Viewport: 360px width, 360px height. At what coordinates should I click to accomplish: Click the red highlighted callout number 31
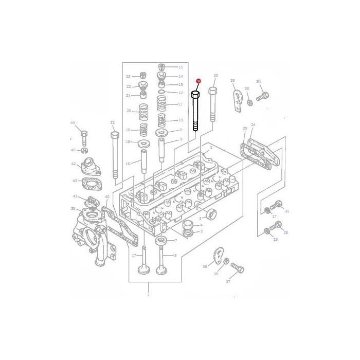199,81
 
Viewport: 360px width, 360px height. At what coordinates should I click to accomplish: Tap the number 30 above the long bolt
215,76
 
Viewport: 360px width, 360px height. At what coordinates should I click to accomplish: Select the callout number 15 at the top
181,67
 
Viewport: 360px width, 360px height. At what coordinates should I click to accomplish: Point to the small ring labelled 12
161,93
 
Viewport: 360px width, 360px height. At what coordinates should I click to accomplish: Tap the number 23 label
128,76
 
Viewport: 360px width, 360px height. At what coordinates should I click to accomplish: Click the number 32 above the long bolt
112,123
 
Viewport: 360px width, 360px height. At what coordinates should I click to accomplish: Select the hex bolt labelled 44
84,136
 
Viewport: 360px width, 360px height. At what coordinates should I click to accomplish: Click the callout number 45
73,150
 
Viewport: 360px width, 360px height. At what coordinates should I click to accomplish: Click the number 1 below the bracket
148,295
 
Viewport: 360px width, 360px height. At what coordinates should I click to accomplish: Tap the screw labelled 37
238,268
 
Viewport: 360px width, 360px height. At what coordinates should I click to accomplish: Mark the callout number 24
253,125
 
